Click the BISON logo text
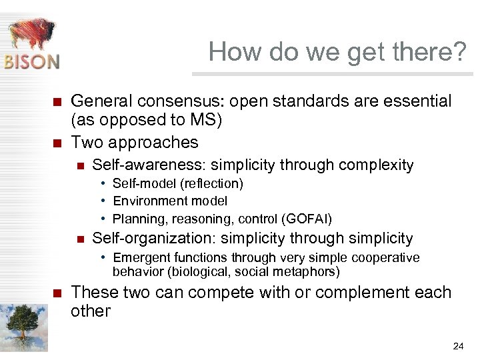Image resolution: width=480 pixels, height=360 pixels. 32,61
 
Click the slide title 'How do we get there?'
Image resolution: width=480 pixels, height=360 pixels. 337,51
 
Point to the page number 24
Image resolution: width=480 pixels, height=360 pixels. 458,346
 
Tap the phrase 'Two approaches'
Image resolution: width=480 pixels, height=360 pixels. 135,142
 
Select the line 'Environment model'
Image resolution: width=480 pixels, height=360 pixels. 170,201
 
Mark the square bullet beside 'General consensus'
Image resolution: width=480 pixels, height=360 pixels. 57,102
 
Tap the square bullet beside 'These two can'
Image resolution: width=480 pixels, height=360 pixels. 57,293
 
